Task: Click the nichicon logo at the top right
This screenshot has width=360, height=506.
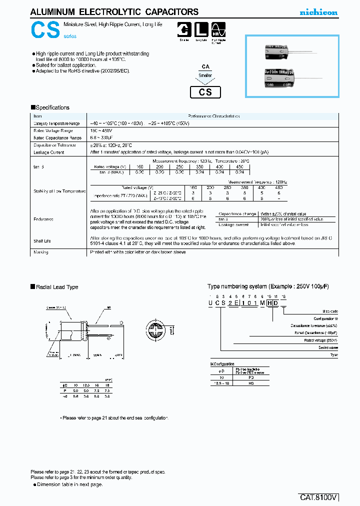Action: tap(318, 12)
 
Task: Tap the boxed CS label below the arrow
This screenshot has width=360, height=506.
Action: tap(205, 92)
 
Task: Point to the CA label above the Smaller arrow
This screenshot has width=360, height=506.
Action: tap(205, 66)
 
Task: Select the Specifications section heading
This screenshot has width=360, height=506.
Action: tap(50, 107)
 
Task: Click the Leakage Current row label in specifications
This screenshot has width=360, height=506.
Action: tap(48, 152)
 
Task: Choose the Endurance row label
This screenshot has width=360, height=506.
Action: tap(43, 219)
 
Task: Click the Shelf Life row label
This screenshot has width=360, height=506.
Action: tap(42, 241)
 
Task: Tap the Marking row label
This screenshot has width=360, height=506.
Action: tap(40, 252)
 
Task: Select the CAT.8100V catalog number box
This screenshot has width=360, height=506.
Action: tap(319, 497)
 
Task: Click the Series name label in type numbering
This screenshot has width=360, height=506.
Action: tap(328, 347)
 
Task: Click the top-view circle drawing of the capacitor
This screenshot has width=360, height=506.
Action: tap(157, 331)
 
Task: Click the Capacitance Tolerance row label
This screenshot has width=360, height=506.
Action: tap(54, 145)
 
